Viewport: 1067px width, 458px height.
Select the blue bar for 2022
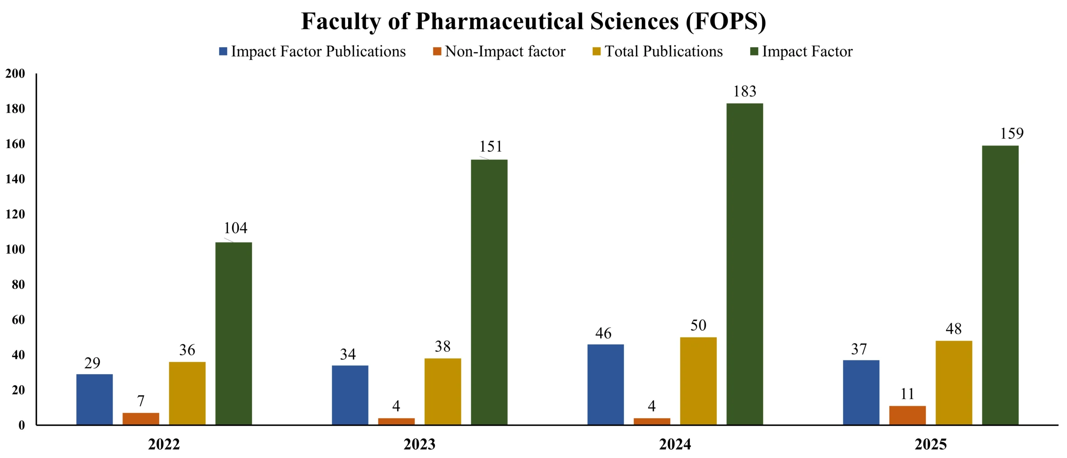[x=94, y=399]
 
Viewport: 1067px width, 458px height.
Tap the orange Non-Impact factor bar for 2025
[x=907, y=415]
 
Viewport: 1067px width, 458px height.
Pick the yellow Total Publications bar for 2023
[x=443, y=391]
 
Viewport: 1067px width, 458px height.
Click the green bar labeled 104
[x=233, y=333]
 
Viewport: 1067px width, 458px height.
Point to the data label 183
[x=744, y=91]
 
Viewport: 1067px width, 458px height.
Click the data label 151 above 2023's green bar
[x=490, y=147]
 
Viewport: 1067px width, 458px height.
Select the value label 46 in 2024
[x=603, y=333]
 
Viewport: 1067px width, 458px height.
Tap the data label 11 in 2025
[x=907, y=394]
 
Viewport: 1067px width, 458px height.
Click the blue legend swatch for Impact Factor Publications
[x=223, y=51]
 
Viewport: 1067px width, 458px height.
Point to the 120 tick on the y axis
[x=15, y=214]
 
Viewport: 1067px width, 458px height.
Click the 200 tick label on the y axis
[x=15, y=74]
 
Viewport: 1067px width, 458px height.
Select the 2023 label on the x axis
[x=419, y=444]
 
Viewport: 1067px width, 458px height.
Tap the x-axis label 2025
[x=930, y=444]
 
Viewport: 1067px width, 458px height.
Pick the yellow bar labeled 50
[x=698, y=381]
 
